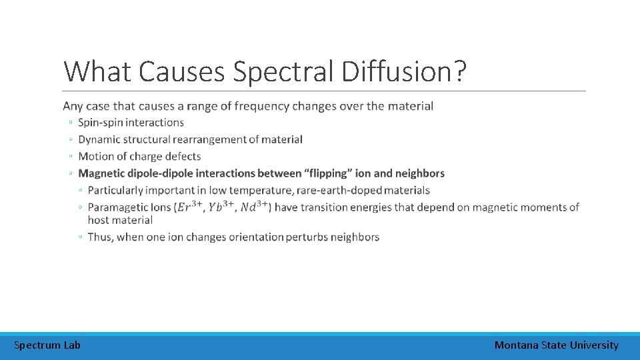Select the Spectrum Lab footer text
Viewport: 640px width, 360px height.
point(47,345)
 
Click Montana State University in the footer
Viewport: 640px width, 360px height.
point(556,345)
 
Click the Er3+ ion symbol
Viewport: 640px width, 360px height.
point(189,207)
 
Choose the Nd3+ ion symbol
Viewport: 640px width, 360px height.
point(254,207)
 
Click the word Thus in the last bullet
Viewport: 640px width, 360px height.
point(100,237)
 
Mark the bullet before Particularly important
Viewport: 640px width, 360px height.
point(80,191)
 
